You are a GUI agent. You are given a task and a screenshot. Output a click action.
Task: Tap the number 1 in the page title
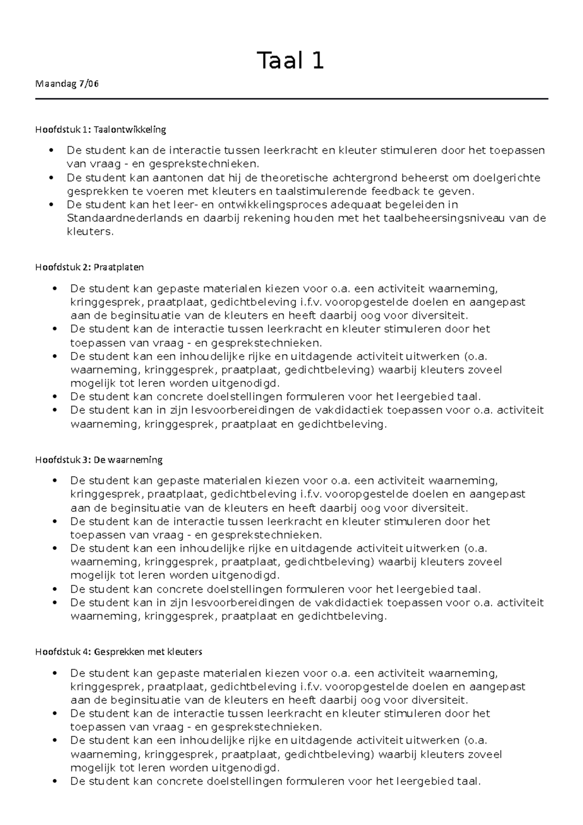point(318,61)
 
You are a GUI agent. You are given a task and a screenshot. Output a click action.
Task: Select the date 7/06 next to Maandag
point(89,84)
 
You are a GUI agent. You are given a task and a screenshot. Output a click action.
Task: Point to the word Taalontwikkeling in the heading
point(130,130)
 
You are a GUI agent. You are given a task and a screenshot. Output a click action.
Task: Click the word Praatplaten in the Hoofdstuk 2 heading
point(119,267)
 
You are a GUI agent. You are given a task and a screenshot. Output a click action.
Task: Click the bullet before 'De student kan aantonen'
point(51,178)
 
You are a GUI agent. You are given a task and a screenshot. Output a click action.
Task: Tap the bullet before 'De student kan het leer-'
point(51,205)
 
